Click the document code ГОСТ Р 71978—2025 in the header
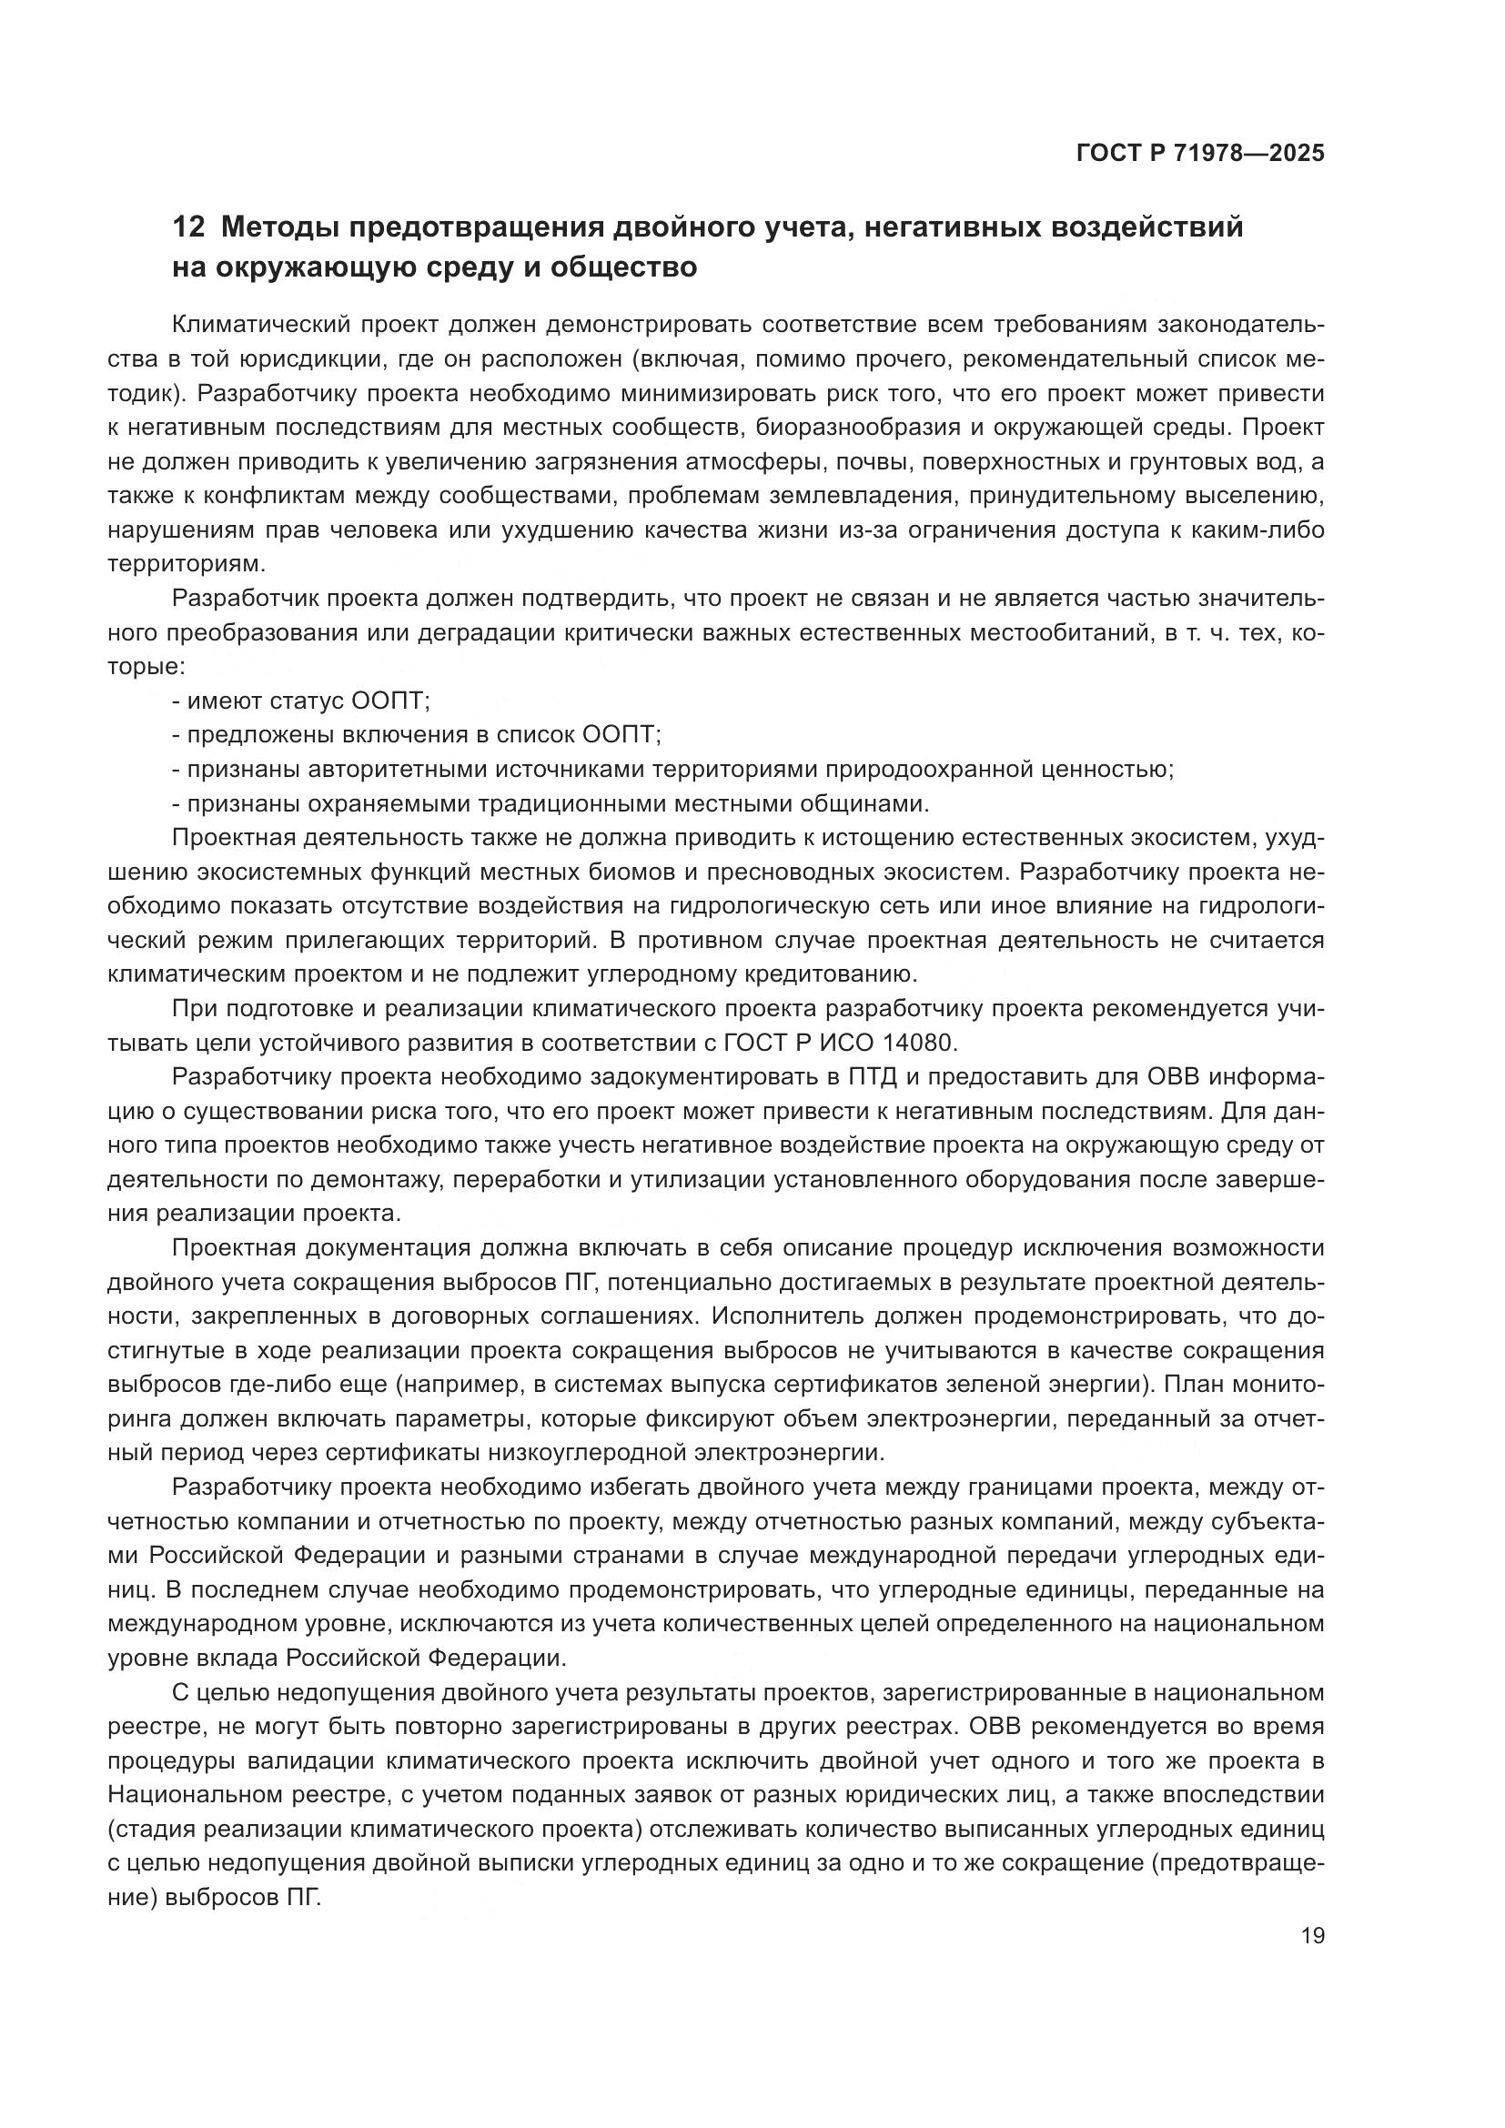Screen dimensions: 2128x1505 coord(1200,154)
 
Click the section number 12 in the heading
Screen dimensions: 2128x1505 coord(187,227)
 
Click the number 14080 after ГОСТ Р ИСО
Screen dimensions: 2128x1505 coord(915,1043)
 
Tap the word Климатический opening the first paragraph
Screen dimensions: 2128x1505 coord(258,325)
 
